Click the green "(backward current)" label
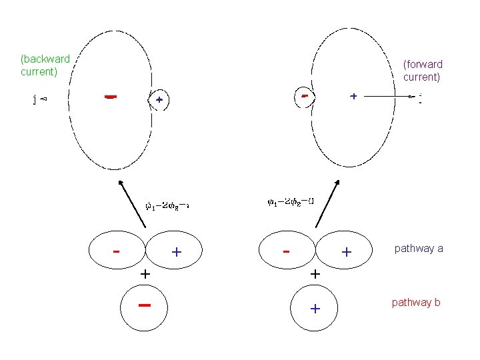[x=45, y=65]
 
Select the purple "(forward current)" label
[x=423, y=71]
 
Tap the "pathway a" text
[x=419, y=249]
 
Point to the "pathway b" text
[x=416, y=303]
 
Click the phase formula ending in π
[x=167, y=205]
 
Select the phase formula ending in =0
[x=291, y=201]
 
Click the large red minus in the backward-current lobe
[x=111, y=97]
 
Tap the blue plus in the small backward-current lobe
[x=159, y=100]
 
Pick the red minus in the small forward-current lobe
[x=304, y=96]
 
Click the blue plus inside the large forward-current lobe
[x=353, y=96]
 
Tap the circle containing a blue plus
[x=315, y=308]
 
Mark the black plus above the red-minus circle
[x=144, y=273]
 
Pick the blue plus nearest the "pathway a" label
[x=347, y=252]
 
